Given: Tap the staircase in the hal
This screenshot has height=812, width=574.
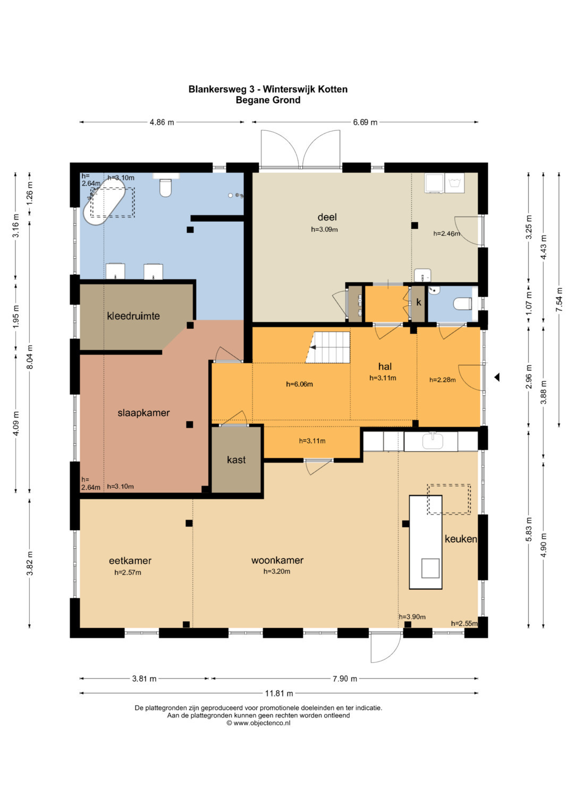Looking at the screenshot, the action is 328,347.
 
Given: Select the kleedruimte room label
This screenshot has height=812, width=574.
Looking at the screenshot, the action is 133,316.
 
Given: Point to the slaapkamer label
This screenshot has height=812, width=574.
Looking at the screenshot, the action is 143,413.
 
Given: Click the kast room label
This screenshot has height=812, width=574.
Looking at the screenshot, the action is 237,459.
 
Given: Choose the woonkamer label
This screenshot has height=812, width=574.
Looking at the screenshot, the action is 277,560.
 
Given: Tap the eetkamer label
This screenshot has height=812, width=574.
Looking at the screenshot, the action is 130,560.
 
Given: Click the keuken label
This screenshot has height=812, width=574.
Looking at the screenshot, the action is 461,539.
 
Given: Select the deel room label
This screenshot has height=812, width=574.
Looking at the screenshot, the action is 327,217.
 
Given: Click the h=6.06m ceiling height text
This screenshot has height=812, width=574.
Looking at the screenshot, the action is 299,384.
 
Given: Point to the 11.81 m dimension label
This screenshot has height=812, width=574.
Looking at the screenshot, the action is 279,693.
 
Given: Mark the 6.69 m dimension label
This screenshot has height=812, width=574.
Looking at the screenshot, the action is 365,122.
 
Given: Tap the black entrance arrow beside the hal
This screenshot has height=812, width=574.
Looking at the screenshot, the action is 497,378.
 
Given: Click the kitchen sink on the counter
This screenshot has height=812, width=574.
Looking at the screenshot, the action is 432,440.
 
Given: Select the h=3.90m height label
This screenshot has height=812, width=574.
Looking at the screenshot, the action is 412,617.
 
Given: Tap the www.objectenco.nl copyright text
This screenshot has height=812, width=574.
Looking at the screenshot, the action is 258,723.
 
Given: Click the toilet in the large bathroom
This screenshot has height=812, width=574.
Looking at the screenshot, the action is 165,187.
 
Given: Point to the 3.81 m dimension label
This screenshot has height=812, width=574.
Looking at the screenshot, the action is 144,679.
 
